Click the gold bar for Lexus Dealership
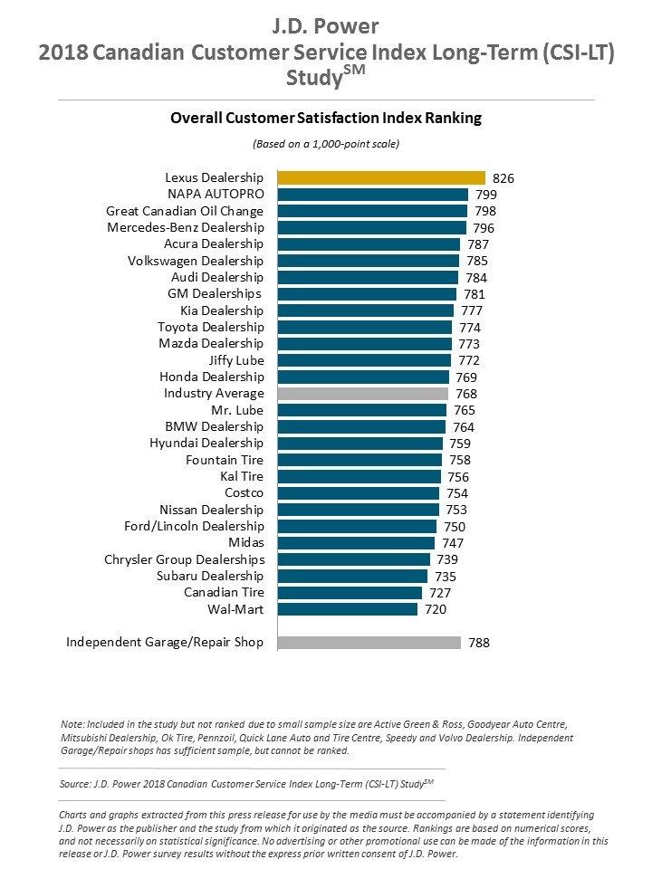click(x=381, y=177)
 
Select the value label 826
click(x=503, y=178)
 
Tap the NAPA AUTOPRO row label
click(x=216, y=194)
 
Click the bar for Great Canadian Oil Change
click(x=372, y=211)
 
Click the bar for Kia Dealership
click(x=365, y=310)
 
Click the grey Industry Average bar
click(x=362, y=394)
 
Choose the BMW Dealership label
click(x=215, y=426)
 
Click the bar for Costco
click(x=358, y=493)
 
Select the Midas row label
click(x=245, y=543)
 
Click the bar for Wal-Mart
click(x=347, y=609)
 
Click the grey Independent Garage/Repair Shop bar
click(x=369, y=643)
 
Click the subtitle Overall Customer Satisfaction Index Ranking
click(x=326, y=118)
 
